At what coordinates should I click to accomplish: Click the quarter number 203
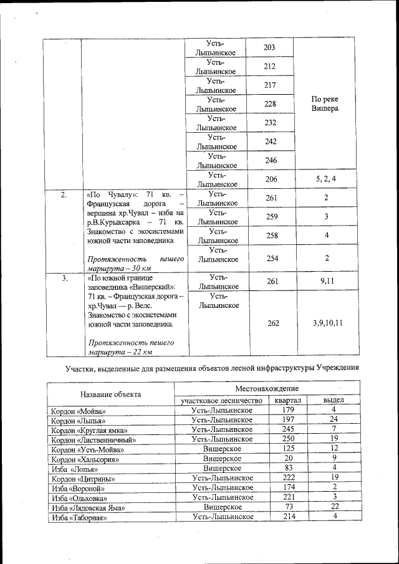tap(269, 48)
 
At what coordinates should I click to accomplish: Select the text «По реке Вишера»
tap(325, 103)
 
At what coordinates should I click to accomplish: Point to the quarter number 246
tap(269, 160)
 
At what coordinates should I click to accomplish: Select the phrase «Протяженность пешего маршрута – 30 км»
tap(136, 263)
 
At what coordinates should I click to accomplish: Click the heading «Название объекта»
tap(111, 394)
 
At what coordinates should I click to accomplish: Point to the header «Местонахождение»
tap(266, 388)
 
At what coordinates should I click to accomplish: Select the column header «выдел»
tap(333, 400)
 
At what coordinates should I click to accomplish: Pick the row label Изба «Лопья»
tap(74, 468)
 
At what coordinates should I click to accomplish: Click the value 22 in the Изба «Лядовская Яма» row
tap(334, 507)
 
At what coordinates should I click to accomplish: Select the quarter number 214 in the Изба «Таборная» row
tap(287, 517)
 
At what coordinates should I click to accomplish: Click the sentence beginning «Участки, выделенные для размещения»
tap(212, 369)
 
